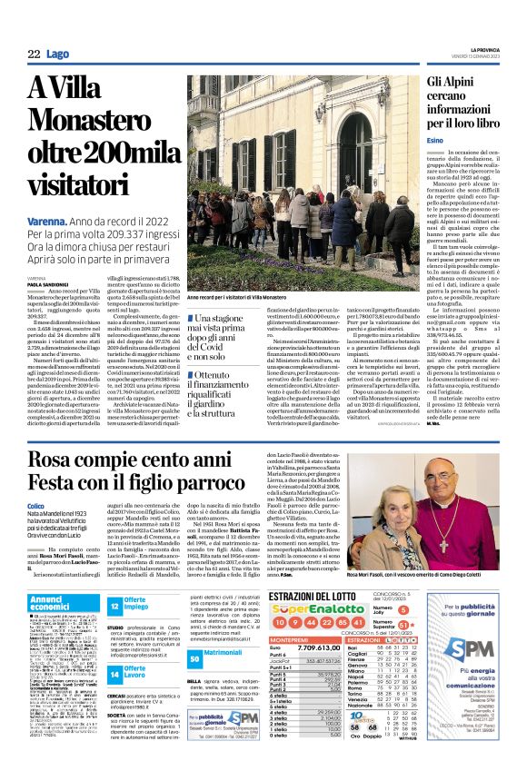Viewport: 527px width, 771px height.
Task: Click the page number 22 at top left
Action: (34, 54)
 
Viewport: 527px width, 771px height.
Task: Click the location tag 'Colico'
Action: (36, 530)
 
